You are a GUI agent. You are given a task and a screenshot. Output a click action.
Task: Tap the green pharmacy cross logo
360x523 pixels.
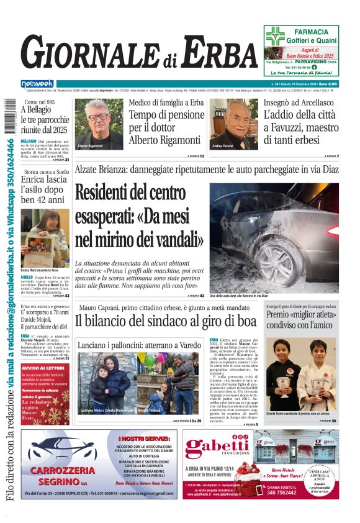274,37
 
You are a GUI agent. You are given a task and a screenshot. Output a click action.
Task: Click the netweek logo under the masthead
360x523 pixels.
37,83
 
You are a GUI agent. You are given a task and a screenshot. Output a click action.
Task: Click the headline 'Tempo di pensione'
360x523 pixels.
166,115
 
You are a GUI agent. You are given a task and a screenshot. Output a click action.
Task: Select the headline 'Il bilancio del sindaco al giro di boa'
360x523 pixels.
165,321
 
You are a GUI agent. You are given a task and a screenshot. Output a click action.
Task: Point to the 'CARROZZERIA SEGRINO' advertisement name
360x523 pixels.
62,475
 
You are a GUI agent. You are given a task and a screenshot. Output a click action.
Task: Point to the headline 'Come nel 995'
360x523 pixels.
40,101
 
